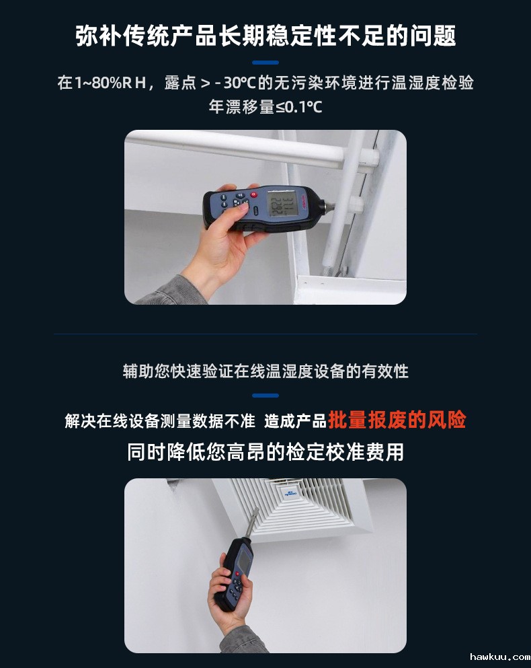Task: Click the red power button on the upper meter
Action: (254, 194)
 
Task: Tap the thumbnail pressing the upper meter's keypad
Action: (244, 206)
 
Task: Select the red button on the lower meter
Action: (237, 574)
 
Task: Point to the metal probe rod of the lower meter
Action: (251, 523)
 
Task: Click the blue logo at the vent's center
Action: (290, 492)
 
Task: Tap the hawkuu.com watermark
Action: (499, 657)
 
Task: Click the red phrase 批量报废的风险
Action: (397, 420)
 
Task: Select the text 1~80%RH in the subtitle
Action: (110, 82)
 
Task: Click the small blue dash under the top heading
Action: (265, 63)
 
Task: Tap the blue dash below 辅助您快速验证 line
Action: (265, 396)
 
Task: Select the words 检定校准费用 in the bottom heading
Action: (345, 452)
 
